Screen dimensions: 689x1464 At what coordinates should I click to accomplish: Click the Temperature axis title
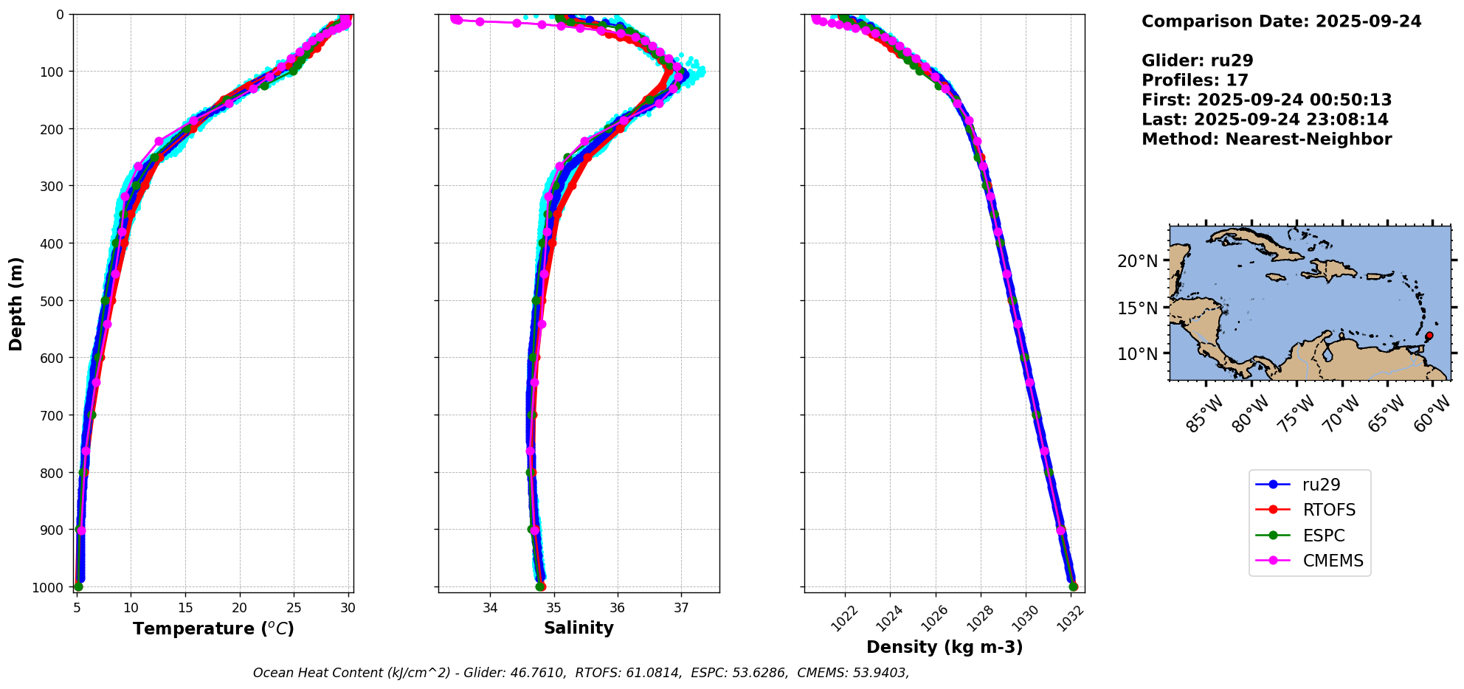213,629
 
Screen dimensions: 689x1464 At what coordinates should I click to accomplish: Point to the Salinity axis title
579,628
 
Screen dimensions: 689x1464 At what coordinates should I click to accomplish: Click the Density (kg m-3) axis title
944,647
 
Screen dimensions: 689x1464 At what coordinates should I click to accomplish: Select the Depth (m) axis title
16,303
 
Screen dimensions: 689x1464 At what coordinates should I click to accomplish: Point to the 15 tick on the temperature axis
185,608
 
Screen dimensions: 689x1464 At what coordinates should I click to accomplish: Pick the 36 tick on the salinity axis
618,608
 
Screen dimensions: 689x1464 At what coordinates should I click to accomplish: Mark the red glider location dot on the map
1429,336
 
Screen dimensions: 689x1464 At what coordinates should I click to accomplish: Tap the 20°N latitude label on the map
1137,261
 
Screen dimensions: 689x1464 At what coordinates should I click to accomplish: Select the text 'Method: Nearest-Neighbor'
1266,139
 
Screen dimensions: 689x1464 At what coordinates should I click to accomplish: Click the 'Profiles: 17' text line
1195,80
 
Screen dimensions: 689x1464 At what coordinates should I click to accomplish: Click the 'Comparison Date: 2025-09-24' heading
1281,21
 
